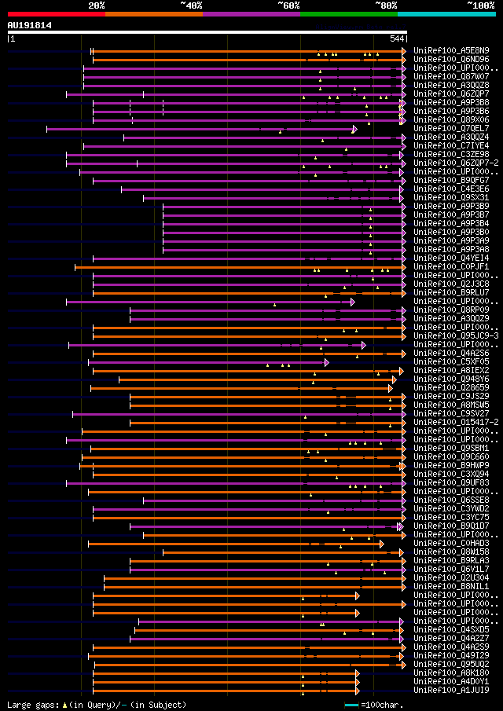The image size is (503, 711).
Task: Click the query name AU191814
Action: pos(30,25)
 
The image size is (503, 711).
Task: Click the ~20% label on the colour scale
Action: pos(97,5)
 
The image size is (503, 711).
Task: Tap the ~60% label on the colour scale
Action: pos(288,5)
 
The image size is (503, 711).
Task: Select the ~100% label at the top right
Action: pos(480,5)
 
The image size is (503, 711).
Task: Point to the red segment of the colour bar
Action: pos(56,13)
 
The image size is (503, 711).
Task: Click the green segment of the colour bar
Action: pos(348,13)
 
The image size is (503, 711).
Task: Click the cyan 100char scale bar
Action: pos(351,705)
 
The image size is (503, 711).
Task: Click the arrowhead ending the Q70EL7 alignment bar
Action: pos(354,129)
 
